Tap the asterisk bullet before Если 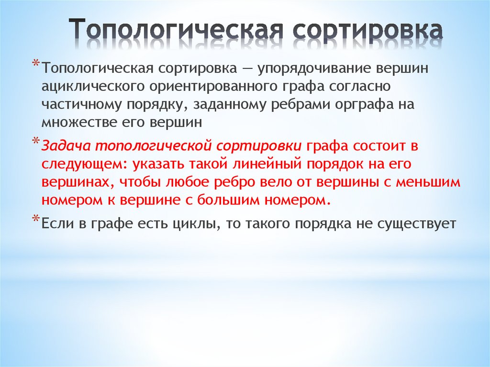[x=36, y=219]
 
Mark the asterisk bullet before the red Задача [x=36, y=142]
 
